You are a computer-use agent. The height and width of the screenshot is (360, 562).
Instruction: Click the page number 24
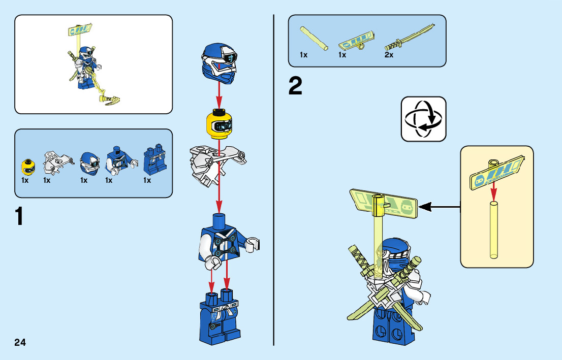20,342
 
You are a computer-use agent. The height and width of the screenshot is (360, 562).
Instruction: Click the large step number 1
19,217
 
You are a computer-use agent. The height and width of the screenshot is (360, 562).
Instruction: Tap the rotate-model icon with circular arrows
423,119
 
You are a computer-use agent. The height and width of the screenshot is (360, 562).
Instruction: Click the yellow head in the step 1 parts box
28,166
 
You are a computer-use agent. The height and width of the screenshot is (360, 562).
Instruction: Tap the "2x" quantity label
389,55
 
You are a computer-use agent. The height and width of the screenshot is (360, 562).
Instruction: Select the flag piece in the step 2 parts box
358,40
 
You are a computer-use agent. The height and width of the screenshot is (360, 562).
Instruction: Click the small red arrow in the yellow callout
493,192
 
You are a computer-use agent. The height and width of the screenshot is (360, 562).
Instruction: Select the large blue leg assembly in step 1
220,316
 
